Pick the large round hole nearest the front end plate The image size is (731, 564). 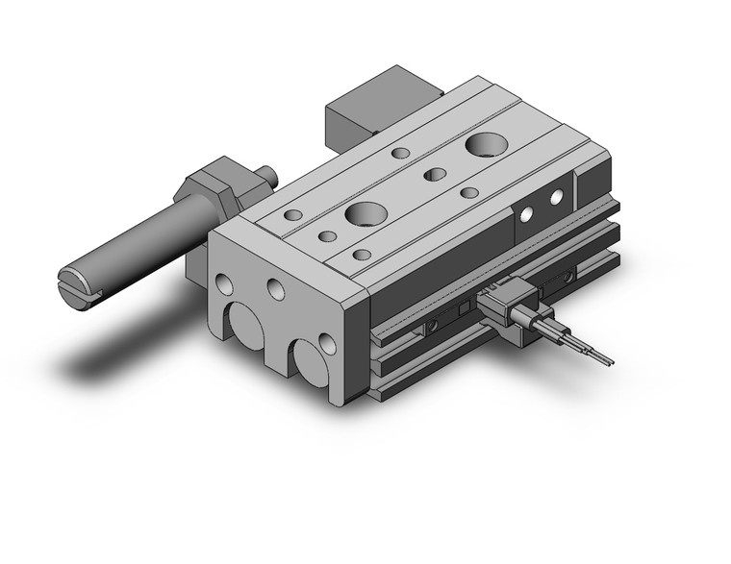366,212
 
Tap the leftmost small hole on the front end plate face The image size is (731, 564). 224,283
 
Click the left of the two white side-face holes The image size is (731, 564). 526,213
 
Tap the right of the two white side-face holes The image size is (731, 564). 555,197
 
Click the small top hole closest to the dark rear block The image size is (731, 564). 401,153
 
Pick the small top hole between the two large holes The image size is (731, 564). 434,175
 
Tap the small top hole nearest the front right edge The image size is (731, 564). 362,255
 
